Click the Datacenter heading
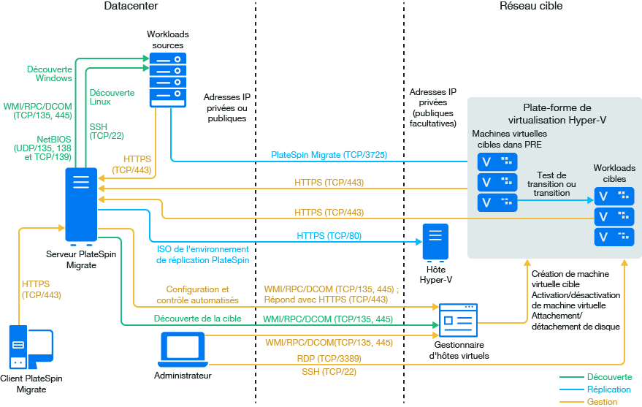click(131, 7)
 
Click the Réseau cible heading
click(531, 7)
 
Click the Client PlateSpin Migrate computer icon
click(29, 349)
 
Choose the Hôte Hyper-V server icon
click(435, 242)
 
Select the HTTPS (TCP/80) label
click(329, 236)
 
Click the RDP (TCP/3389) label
click(329, 359)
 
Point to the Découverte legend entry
click(609, 377)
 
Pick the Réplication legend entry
click(609, 389)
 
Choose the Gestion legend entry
click(602, 402)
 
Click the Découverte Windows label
click(50, 73)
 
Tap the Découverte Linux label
click(112, 97)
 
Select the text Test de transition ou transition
click(551, 184)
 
